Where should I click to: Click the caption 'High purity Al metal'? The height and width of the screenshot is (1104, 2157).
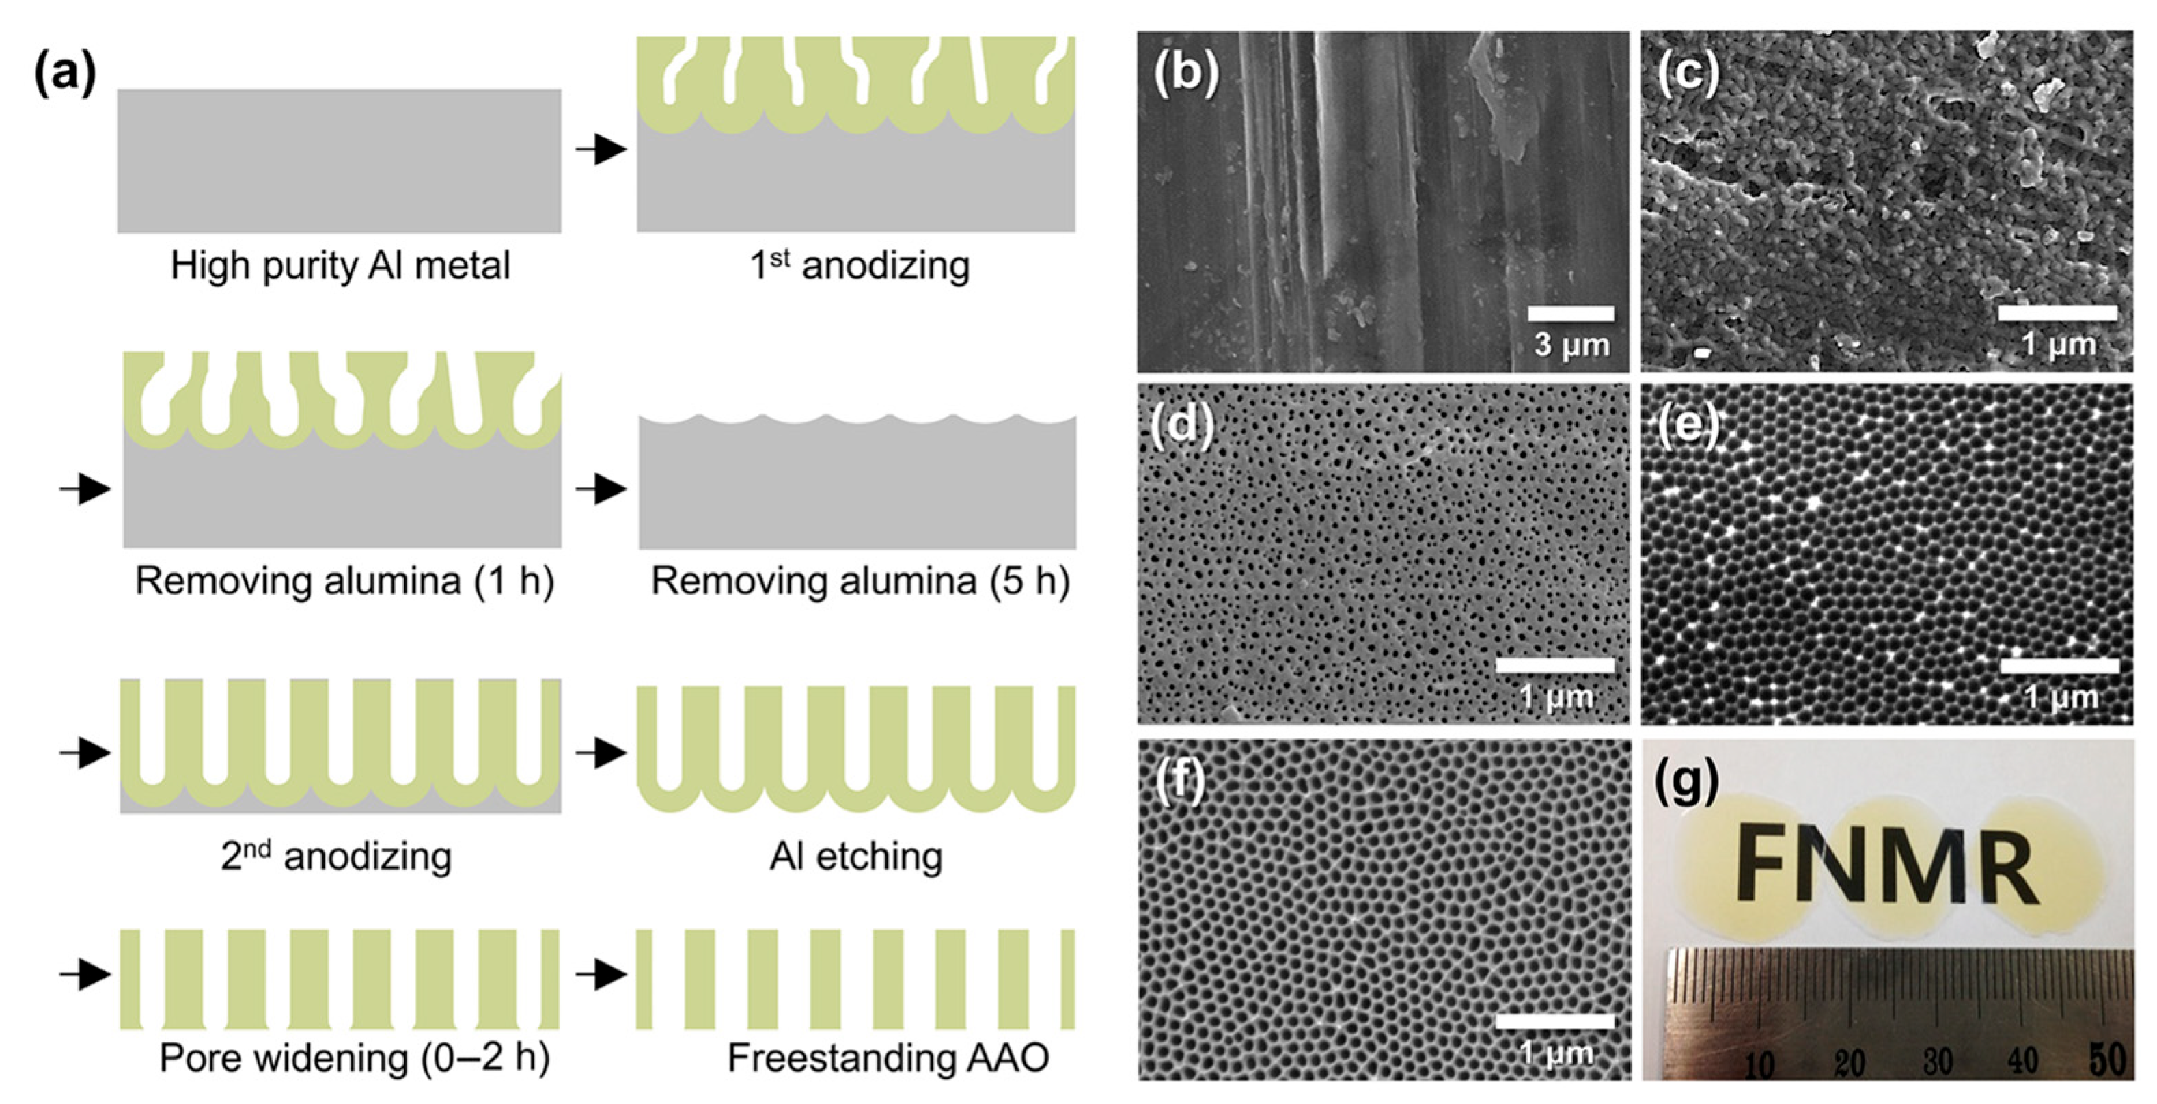(340, 267)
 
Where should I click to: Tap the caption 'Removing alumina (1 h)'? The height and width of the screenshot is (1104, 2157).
(344, 580)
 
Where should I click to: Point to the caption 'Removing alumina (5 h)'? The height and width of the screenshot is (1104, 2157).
(860, 580)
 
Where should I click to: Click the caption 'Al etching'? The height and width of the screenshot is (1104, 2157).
(856, 856)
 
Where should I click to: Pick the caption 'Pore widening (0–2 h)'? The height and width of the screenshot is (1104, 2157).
(354, 1058)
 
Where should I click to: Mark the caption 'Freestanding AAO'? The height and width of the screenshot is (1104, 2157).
(888, 1058)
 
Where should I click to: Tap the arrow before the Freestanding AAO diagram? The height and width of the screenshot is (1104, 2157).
(601, 975)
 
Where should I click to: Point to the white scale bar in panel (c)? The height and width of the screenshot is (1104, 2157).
(2057, 313)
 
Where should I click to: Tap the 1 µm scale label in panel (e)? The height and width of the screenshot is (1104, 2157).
(2061, 697)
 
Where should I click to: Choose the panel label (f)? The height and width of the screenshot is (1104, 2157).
(1179, 781)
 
